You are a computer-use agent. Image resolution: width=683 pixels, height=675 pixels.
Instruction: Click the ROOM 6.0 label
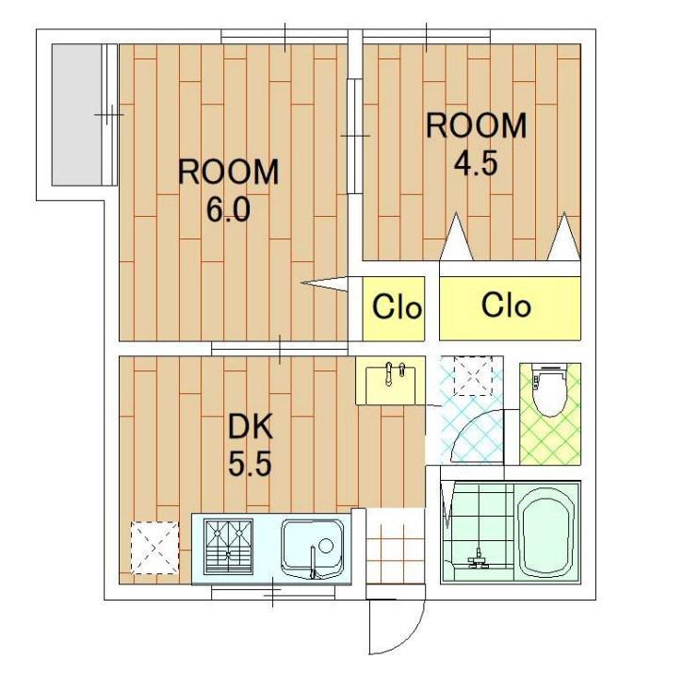(228, 190)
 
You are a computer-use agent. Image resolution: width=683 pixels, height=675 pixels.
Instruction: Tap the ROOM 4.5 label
(476, 144)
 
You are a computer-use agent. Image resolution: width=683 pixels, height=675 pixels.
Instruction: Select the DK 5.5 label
(250, 445)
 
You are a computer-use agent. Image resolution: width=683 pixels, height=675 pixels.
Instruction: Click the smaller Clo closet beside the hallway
(394, 308)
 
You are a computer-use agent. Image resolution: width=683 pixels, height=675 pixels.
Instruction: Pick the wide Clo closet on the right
(510, 307)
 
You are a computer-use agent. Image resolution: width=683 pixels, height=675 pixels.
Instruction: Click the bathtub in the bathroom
(547, 532)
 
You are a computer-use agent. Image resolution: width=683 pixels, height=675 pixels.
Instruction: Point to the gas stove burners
(229, 547)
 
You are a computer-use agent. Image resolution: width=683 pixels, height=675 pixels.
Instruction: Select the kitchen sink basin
(313, 549)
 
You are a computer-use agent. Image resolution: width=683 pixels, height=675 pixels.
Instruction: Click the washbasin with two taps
(390, 381)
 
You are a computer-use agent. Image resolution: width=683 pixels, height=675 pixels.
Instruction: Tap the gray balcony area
(76, 115)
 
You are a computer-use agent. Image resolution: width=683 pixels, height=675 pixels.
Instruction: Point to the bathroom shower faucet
(479, 559)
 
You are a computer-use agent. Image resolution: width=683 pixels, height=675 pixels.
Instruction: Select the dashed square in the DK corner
(155, 548)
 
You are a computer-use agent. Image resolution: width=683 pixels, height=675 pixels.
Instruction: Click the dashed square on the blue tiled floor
(473, 375)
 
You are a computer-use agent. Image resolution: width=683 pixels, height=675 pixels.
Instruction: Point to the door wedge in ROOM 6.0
(324, 284)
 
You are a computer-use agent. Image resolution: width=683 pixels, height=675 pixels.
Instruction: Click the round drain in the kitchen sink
(326, 546)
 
